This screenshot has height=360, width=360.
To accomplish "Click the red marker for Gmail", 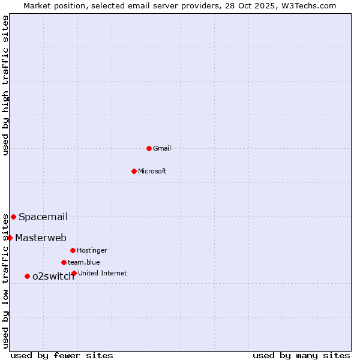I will click(x=149, y=148).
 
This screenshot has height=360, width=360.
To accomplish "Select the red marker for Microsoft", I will click(x=134, y=171).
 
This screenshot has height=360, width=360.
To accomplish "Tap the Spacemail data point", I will click(x=13, y=217).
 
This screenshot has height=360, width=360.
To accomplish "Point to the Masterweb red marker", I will click(x=10, y=238).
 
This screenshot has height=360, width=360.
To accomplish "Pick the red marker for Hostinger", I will click(x=73, y=250).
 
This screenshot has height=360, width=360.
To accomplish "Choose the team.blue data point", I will click(x=64, y=262).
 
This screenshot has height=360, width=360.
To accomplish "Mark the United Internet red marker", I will click(x=74, y=273).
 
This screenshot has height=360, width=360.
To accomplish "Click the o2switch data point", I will click(x=27, y=276).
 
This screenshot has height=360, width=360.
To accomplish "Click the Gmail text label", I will click(x=162, y=148).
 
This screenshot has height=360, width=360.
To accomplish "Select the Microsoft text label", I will click(x=152, y=171).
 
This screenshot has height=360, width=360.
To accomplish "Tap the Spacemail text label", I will click(x=43, y=217).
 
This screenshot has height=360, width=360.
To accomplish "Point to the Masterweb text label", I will click(x=41, y=238).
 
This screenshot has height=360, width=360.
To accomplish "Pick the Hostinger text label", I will click(x=92, y=250).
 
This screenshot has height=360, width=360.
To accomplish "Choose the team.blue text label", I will click(x=84, y=262).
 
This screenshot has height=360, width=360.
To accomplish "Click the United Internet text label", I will click(x=103, y=273).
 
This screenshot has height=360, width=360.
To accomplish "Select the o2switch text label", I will click(x=53, y=277).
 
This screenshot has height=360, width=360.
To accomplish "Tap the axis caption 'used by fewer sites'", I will click(x=62, y=355).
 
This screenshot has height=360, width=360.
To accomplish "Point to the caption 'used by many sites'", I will click(x=301, y=355).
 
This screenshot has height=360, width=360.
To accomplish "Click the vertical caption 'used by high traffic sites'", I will click(x=5, y=85).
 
